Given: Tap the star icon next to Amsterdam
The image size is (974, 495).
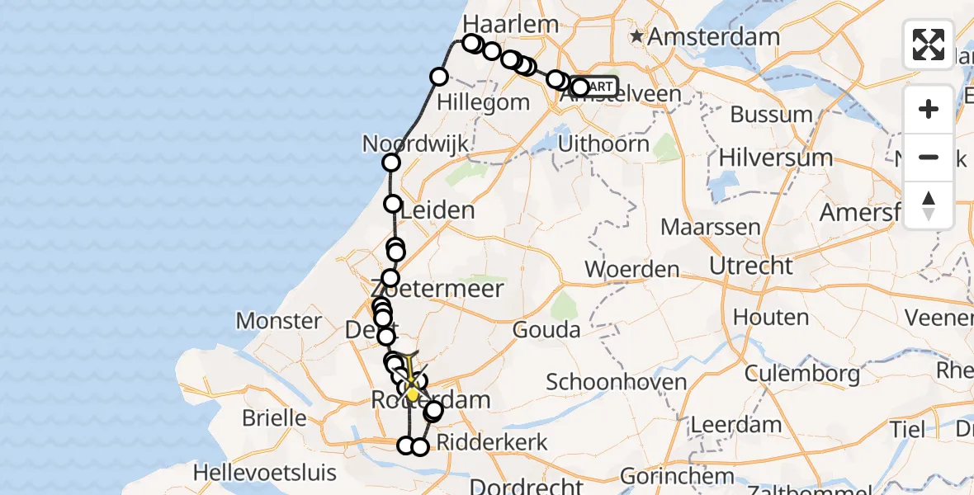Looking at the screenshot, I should click(x=637, y=36).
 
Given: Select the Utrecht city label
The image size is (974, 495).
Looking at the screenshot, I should click(x=751, y=266).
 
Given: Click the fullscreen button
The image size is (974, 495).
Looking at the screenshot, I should click(x=929, y=45).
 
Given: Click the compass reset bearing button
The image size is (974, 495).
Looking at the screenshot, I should click(x=929, y=205).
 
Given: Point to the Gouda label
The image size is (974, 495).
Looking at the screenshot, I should click(x=546, y=330).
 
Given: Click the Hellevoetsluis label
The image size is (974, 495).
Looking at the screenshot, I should click(x=264, y=473).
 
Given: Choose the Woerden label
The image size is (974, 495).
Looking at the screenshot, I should click(x=632, y=269).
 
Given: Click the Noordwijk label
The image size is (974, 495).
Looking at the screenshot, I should click(x=416, y=144).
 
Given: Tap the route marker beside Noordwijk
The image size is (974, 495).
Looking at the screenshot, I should click(x=391, y=163).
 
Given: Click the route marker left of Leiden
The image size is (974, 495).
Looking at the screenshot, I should click(x=393, y=204).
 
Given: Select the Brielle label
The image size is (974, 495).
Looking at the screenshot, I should click(x=274, y=417).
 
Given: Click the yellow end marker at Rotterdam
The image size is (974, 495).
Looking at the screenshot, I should click(x=412, y=394).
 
